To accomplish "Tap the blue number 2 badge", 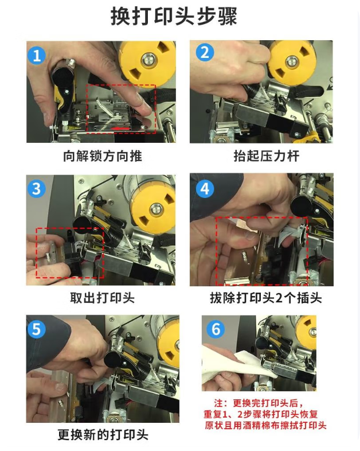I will pos(205,53).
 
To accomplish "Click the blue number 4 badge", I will pos(205,188).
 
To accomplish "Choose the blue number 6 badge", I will pos(216,329).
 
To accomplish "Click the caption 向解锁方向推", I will pos(103,156).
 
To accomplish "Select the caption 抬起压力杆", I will pos(265,156).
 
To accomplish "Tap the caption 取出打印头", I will pos(103,298).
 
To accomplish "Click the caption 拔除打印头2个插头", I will pos(265,298).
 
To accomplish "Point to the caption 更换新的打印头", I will pos(103,434).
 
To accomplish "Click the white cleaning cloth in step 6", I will pos(229,364).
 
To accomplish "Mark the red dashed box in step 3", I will pos(69,252).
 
